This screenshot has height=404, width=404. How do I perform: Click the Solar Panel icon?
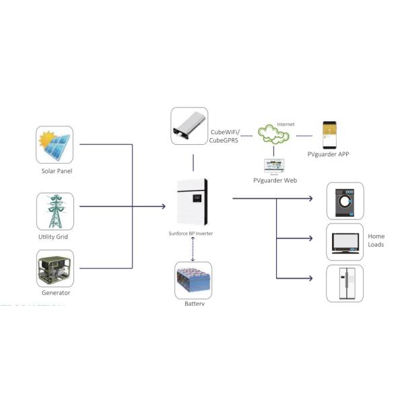coord(55,145)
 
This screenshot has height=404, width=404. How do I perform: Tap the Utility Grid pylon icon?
coord(55,211)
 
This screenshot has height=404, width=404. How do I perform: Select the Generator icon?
coord(55,268)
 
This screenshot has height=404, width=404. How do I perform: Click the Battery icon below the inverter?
coord(193,281)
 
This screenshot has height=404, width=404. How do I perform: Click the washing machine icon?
coord(345,201)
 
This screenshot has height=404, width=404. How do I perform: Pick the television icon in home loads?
coord(345,242)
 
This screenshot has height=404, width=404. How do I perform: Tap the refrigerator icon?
coord(345,283)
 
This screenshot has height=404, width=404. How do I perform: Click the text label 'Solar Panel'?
coord(57,171)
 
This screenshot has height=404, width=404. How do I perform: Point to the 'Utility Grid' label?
coord(54,236)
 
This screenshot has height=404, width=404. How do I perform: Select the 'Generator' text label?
coord(56,293)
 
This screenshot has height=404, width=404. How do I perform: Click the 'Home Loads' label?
coord(376,240)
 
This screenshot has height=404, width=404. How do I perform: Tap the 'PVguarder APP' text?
coord(328,155)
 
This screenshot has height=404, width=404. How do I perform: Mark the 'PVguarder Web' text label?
coord(275,180)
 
